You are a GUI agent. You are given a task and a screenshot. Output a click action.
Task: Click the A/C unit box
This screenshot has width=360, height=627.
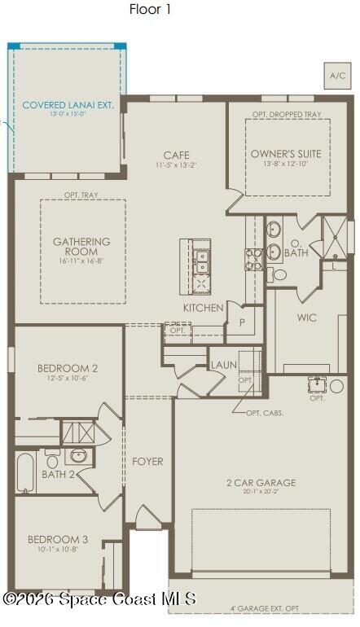(x=336, y=75)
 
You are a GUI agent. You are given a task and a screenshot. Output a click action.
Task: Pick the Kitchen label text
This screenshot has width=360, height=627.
(x=203, y=308)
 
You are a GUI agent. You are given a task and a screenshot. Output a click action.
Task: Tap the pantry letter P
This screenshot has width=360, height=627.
(x=242, y=322)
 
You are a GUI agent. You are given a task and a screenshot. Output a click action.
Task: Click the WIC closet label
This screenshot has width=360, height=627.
(x=307, y=318)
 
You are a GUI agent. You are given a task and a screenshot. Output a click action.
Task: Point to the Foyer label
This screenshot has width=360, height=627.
(x=147, y=462)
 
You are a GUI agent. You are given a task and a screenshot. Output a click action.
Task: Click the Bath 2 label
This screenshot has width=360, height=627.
(x=58, y=474)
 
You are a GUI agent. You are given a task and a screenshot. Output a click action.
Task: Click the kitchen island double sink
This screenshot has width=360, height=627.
(x=200, y=261)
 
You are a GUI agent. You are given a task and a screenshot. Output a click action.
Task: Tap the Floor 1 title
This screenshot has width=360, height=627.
(x=150, y=10)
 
